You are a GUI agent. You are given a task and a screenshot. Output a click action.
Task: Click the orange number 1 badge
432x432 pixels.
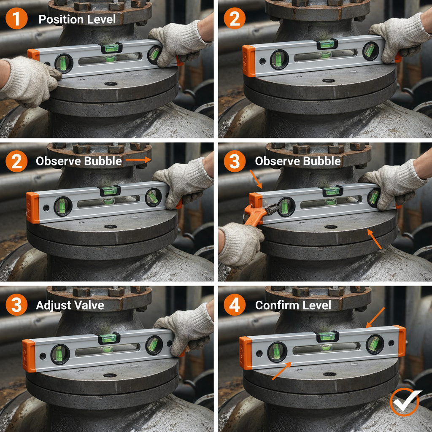coord(16,19)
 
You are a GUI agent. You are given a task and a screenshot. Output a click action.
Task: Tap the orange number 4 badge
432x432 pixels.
coord(235,305)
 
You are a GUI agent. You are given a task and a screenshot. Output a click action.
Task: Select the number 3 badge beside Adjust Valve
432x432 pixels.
coord(16,305)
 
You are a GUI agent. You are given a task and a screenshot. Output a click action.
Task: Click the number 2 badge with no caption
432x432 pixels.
coord(235,19)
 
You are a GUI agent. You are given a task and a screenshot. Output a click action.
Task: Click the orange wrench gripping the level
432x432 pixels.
coord(258,211)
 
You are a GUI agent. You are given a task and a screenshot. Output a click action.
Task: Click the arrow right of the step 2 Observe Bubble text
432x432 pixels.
coord(138,160)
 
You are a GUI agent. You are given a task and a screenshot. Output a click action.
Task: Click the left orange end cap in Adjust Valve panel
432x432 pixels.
coord(29,356)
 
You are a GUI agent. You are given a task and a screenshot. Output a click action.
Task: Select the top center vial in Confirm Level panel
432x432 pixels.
coord(326,336)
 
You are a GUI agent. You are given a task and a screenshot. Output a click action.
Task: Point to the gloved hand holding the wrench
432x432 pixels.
coord(240,243)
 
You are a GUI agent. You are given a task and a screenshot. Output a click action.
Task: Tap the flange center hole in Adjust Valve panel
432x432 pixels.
coord(110,375)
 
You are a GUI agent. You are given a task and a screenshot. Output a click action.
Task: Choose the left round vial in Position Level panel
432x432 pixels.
coord(64,63)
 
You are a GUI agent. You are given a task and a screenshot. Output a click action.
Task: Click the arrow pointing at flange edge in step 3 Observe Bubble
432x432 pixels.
coord(375,239)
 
